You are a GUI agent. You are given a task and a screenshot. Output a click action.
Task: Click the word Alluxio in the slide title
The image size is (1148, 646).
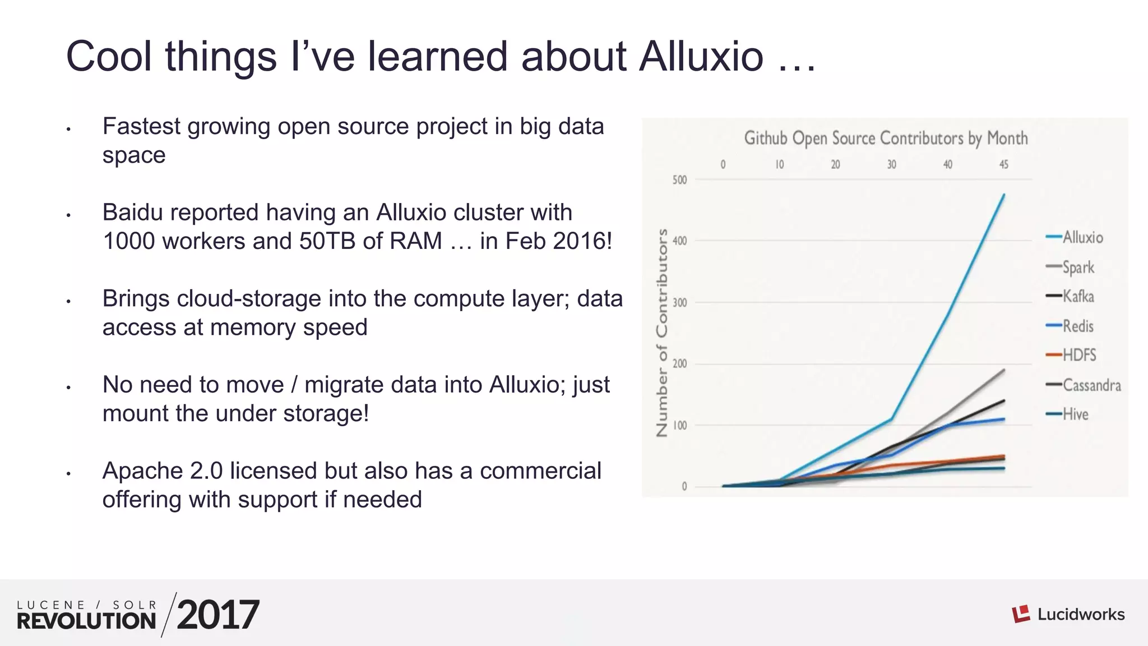coord(701,57)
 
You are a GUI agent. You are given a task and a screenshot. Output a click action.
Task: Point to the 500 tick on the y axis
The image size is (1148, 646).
coord(679,180)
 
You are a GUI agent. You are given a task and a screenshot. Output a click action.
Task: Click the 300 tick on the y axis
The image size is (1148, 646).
coord(679,303)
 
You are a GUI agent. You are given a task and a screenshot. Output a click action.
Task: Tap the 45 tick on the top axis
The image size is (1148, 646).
coord(1003,165)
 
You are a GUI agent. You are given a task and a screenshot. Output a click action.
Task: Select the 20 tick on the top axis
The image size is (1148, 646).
coord(835,165)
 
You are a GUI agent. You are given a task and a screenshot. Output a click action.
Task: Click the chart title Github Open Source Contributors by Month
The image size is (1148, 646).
coord(886,139)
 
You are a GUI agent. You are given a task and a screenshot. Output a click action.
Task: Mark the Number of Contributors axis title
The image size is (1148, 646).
coord(662,333)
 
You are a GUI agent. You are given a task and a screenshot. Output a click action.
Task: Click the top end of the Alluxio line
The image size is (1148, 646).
coord(1003,195)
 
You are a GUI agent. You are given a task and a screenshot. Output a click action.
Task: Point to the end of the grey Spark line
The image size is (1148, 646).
coord(1003,370)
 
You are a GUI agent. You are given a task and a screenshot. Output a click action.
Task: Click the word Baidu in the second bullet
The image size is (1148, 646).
coord(133,213)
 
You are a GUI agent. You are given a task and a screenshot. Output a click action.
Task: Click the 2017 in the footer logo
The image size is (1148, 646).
coord(218,615)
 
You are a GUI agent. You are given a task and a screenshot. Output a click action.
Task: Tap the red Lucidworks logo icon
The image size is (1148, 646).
coord(1021,614)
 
